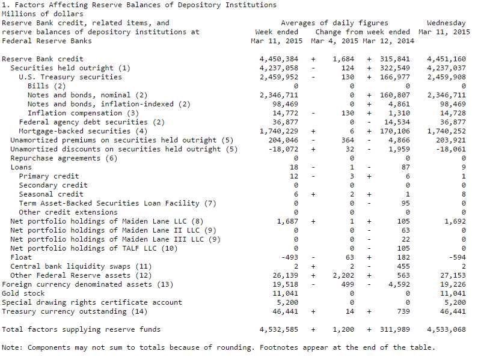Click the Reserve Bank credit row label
[43, 59]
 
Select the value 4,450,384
[279, 59]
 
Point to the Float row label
[21, 257]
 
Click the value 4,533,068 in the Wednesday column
[446, 329]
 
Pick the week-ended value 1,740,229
[279, 131]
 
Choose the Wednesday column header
[446, 23]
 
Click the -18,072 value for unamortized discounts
[283, 149]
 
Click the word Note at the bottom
[12, 347]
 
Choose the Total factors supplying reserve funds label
[81, 329]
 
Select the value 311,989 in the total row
[395, 329]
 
